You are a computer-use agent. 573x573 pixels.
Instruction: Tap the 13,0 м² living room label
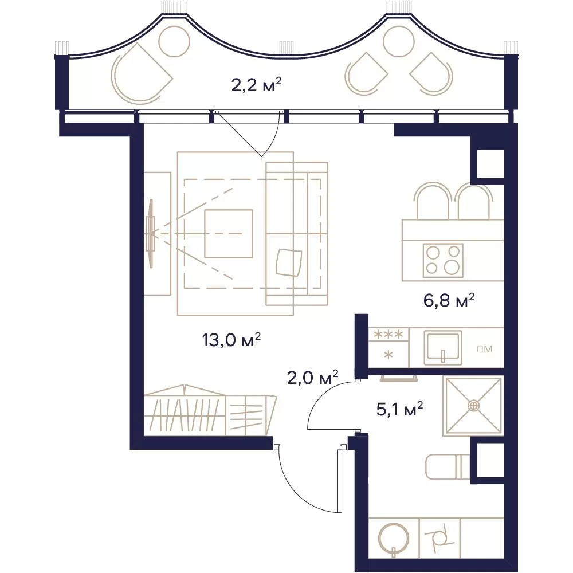click(231, 340)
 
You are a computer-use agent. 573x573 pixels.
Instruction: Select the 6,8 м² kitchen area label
click(449, 301)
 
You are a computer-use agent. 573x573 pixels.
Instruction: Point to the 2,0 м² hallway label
click(312, 378)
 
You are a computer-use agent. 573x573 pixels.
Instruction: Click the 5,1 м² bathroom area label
click(399, 409)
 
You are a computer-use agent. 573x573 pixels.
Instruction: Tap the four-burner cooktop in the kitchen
click(443, 260)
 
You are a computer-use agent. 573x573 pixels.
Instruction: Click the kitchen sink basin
click(442, 348)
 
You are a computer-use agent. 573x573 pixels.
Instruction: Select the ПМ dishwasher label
click(485, 348)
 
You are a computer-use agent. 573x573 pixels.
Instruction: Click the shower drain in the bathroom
click(473, 405)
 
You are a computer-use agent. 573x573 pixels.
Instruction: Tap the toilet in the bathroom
click(448, 466)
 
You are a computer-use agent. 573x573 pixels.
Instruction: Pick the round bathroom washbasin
click(394, 538)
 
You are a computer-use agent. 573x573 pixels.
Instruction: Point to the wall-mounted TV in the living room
click(151, 234)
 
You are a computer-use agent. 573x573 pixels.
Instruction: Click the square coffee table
click(229, 234)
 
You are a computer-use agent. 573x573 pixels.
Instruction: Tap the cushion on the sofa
click(289, 262)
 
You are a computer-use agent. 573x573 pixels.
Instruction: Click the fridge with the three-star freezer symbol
click(388, 348)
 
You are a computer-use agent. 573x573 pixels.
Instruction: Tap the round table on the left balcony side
click(175, 41)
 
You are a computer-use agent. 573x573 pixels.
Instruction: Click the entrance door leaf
click(340, 480)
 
